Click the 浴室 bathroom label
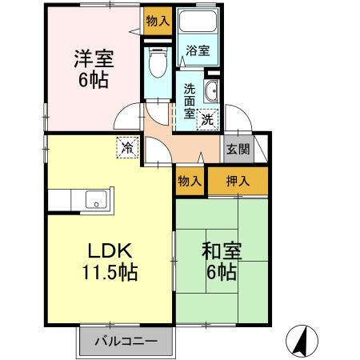point(198,50)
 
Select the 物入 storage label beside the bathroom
point(158,21)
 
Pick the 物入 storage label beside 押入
point(190,182)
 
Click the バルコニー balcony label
point(124,342)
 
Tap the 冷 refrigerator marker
point(127,146)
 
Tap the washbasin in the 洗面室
point(211,92)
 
